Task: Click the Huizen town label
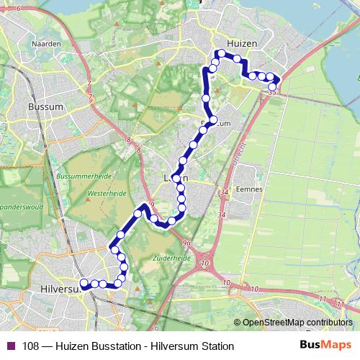(x=240, y=43)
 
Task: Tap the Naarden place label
(x=45, y=43)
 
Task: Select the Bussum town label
(x=45, y=106)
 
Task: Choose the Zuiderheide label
(x=171, y=256)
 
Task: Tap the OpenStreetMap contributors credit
(x=297, y=323)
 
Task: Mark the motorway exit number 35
(x=271, y=92)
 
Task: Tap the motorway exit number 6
(x=17, y=8)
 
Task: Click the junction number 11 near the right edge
(x=322, y=298)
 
